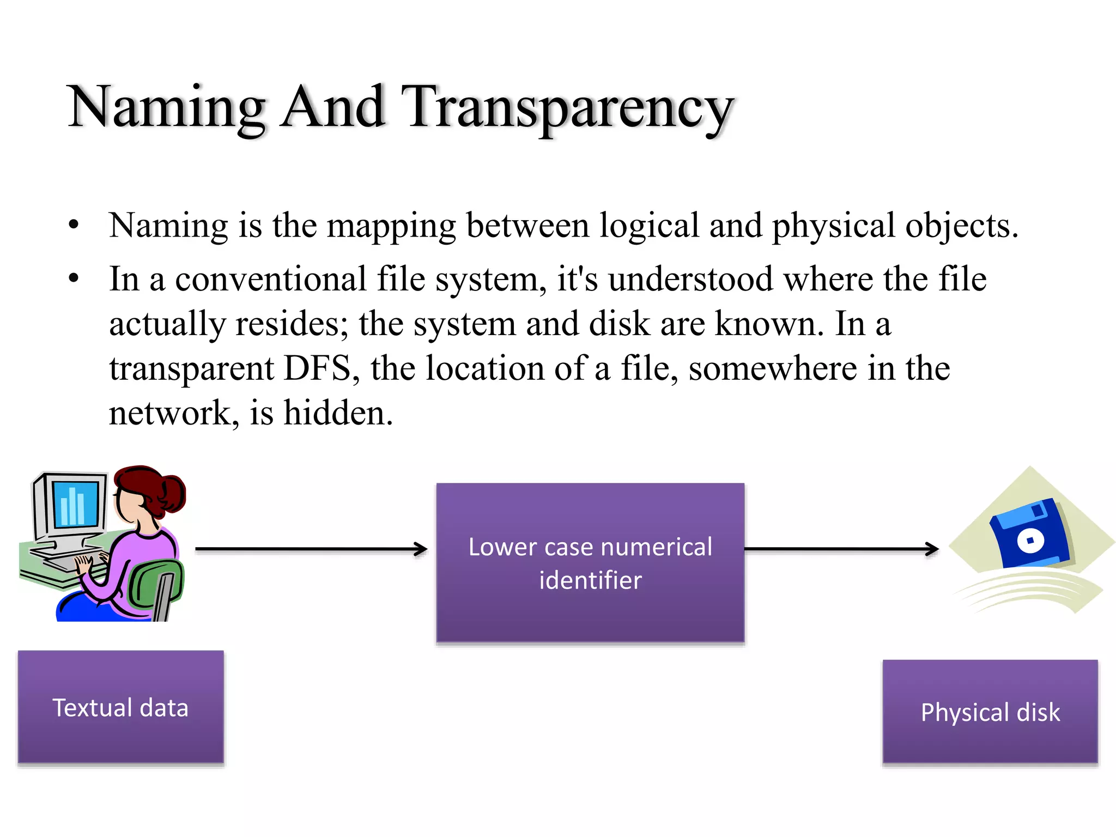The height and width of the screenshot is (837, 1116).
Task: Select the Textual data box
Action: [x=120, y=707]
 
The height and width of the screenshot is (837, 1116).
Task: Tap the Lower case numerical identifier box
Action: [x=590, y=563]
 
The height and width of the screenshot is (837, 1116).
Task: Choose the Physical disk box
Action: [x=990, y=712]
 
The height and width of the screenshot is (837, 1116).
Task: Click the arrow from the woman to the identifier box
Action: [x=311, y=549]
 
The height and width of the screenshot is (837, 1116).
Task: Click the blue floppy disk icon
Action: [x=1029, y=537]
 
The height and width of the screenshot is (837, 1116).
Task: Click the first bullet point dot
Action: [x=74, y=226]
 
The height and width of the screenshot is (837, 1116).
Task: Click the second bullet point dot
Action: [x=74, y=279]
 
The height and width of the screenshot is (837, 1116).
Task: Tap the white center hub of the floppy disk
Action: [x=1030, y=541]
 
